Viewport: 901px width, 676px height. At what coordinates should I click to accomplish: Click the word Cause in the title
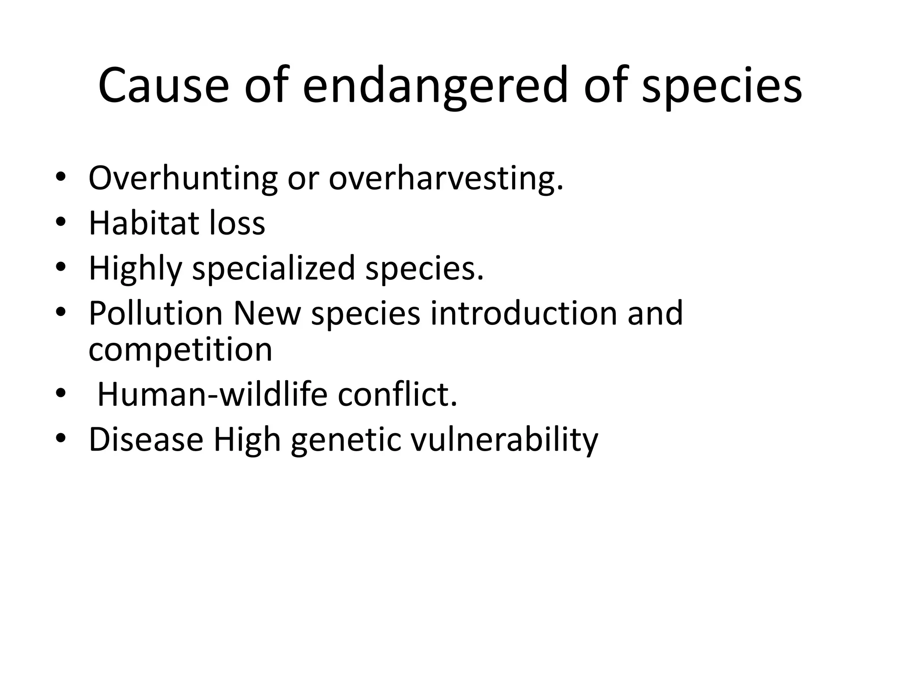tap(163, 86)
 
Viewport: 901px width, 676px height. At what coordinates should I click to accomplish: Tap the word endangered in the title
tap(435, 86)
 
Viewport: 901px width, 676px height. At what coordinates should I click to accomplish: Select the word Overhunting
tap(183, 179)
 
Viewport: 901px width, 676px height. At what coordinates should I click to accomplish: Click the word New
tap(267, 313)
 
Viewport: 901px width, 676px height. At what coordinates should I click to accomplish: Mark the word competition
tap(180, 349)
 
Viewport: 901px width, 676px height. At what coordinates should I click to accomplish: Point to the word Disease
tap(146, 440)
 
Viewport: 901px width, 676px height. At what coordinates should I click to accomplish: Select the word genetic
tap(346, 440)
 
